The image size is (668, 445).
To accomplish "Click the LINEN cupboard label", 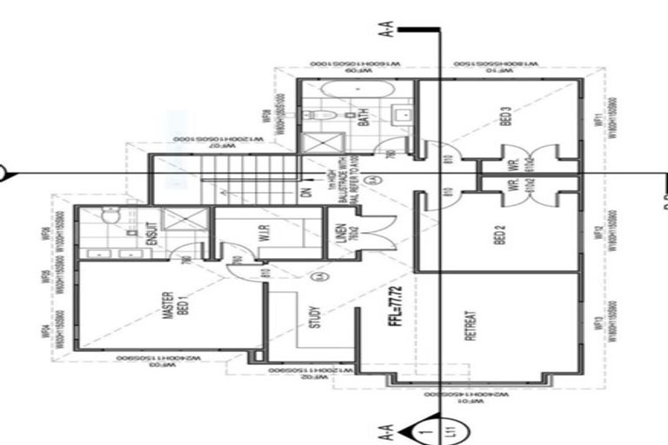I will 344,236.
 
